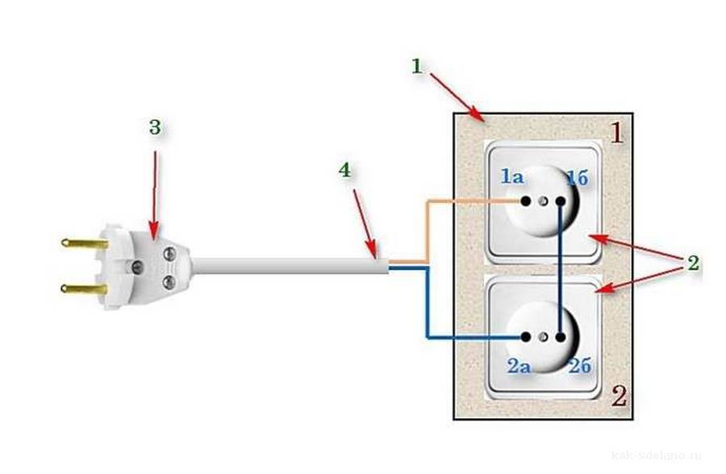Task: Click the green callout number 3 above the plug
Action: [155, 127]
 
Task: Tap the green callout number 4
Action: [344, 171]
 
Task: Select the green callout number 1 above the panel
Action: [417, 66]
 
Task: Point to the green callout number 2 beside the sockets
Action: [691, 263]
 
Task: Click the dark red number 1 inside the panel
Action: [615, 132]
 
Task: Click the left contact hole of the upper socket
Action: [526, 201]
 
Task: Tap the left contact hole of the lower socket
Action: [526, 336]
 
